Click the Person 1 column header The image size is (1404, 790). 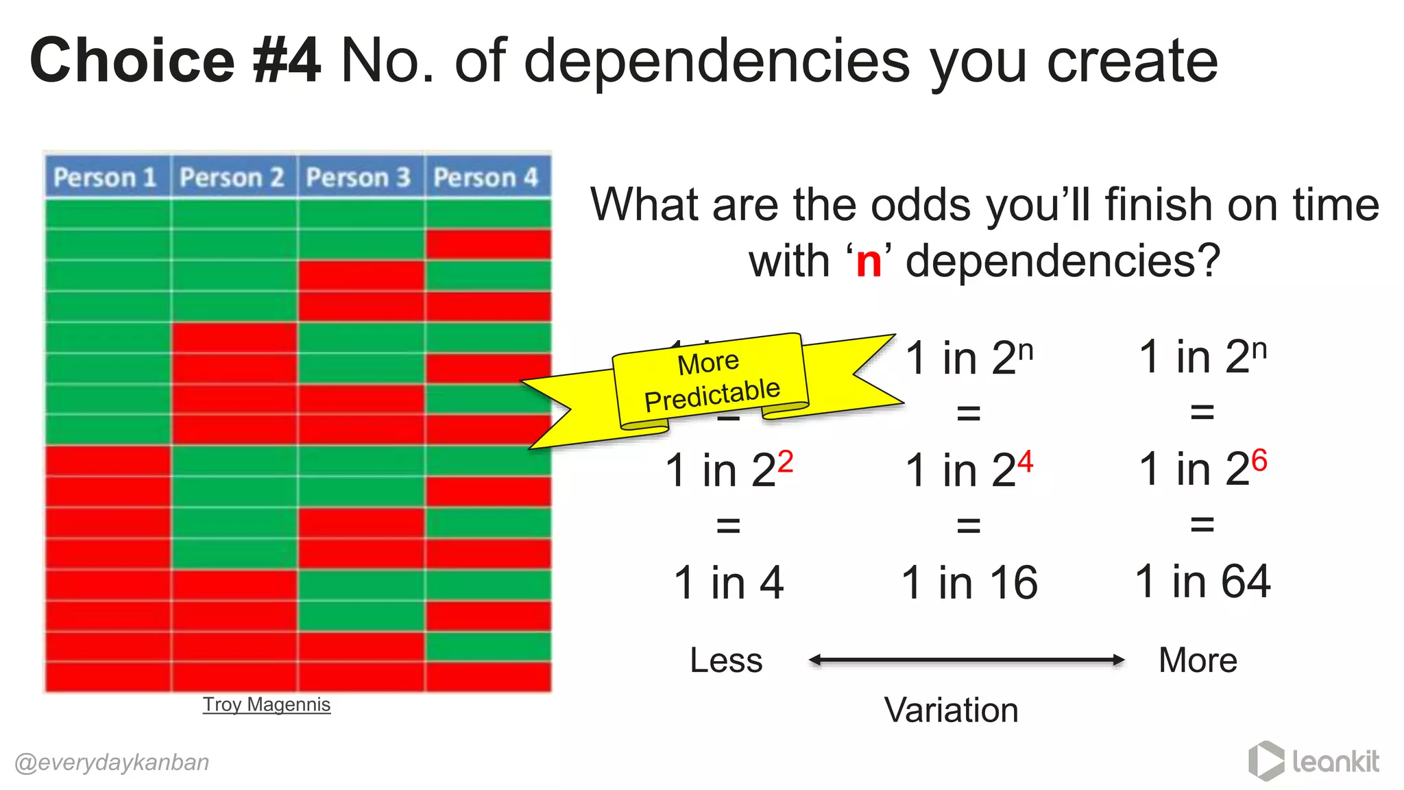pos(105,178)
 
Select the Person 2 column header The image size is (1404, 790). pos(232,178)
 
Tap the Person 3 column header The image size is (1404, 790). pos(359,178)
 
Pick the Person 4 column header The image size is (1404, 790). pos(486,178)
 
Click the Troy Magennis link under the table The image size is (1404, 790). pos(266,704)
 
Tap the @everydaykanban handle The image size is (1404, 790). pos(112,762)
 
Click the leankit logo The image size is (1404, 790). pos(1314,761)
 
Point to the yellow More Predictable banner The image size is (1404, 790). pos(710,382)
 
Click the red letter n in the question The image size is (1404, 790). pos(869,261)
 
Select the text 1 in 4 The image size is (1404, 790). pos(729,583)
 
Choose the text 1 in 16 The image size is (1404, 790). pos(969,583)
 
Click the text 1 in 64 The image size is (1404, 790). pos(1202,582)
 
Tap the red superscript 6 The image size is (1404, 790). pos(1259,460)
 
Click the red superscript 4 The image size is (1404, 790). pos(1025,462)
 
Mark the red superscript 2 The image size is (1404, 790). pos(785,462)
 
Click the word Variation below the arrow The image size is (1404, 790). pos(951,710)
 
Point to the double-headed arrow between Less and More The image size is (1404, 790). pos(967,660)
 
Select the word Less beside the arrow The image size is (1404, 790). pos(726,660)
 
